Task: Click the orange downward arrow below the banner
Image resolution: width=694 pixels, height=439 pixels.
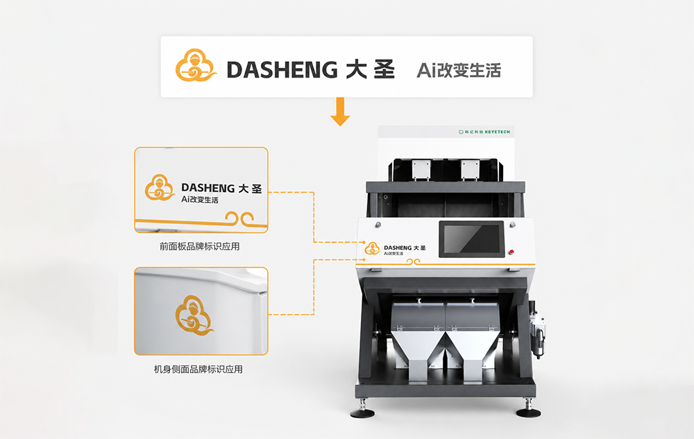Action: (x=340, y=112)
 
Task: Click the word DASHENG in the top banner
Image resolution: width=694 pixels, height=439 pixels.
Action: (x=282, y=70)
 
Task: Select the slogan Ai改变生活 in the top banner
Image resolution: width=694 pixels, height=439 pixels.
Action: (x=459, y=70)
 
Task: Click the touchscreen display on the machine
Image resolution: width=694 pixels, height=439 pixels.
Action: (x=471, y=239)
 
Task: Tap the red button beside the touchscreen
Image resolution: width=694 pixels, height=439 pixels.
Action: (x=511, y=252)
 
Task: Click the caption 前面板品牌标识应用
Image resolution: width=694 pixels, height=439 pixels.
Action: (x=200, y=246)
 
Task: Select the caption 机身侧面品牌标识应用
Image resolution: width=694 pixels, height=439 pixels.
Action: (x=198, y=369)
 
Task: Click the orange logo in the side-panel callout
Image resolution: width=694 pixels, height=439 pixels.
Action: (x=194, y=316)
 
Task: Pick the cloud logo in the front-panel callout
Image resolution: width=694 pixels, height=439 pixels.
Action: (x=160, y=187)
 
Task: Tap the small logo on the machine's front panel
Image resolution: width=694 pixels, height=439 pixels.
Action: (x=372, y=248)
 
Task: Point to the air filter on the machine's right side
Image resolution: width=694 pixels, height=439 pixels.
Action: (x=537, y=329)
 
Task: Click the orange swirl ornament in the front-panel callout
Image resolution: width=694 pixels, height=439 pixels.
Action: (x=239, y=218)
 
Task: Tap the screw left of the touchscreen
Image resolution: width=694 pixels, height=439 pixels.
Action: (x=378, y=225)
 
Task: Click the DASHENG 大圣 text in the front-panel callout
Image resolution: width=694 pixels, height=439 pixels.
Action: (x=221, y=188)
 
